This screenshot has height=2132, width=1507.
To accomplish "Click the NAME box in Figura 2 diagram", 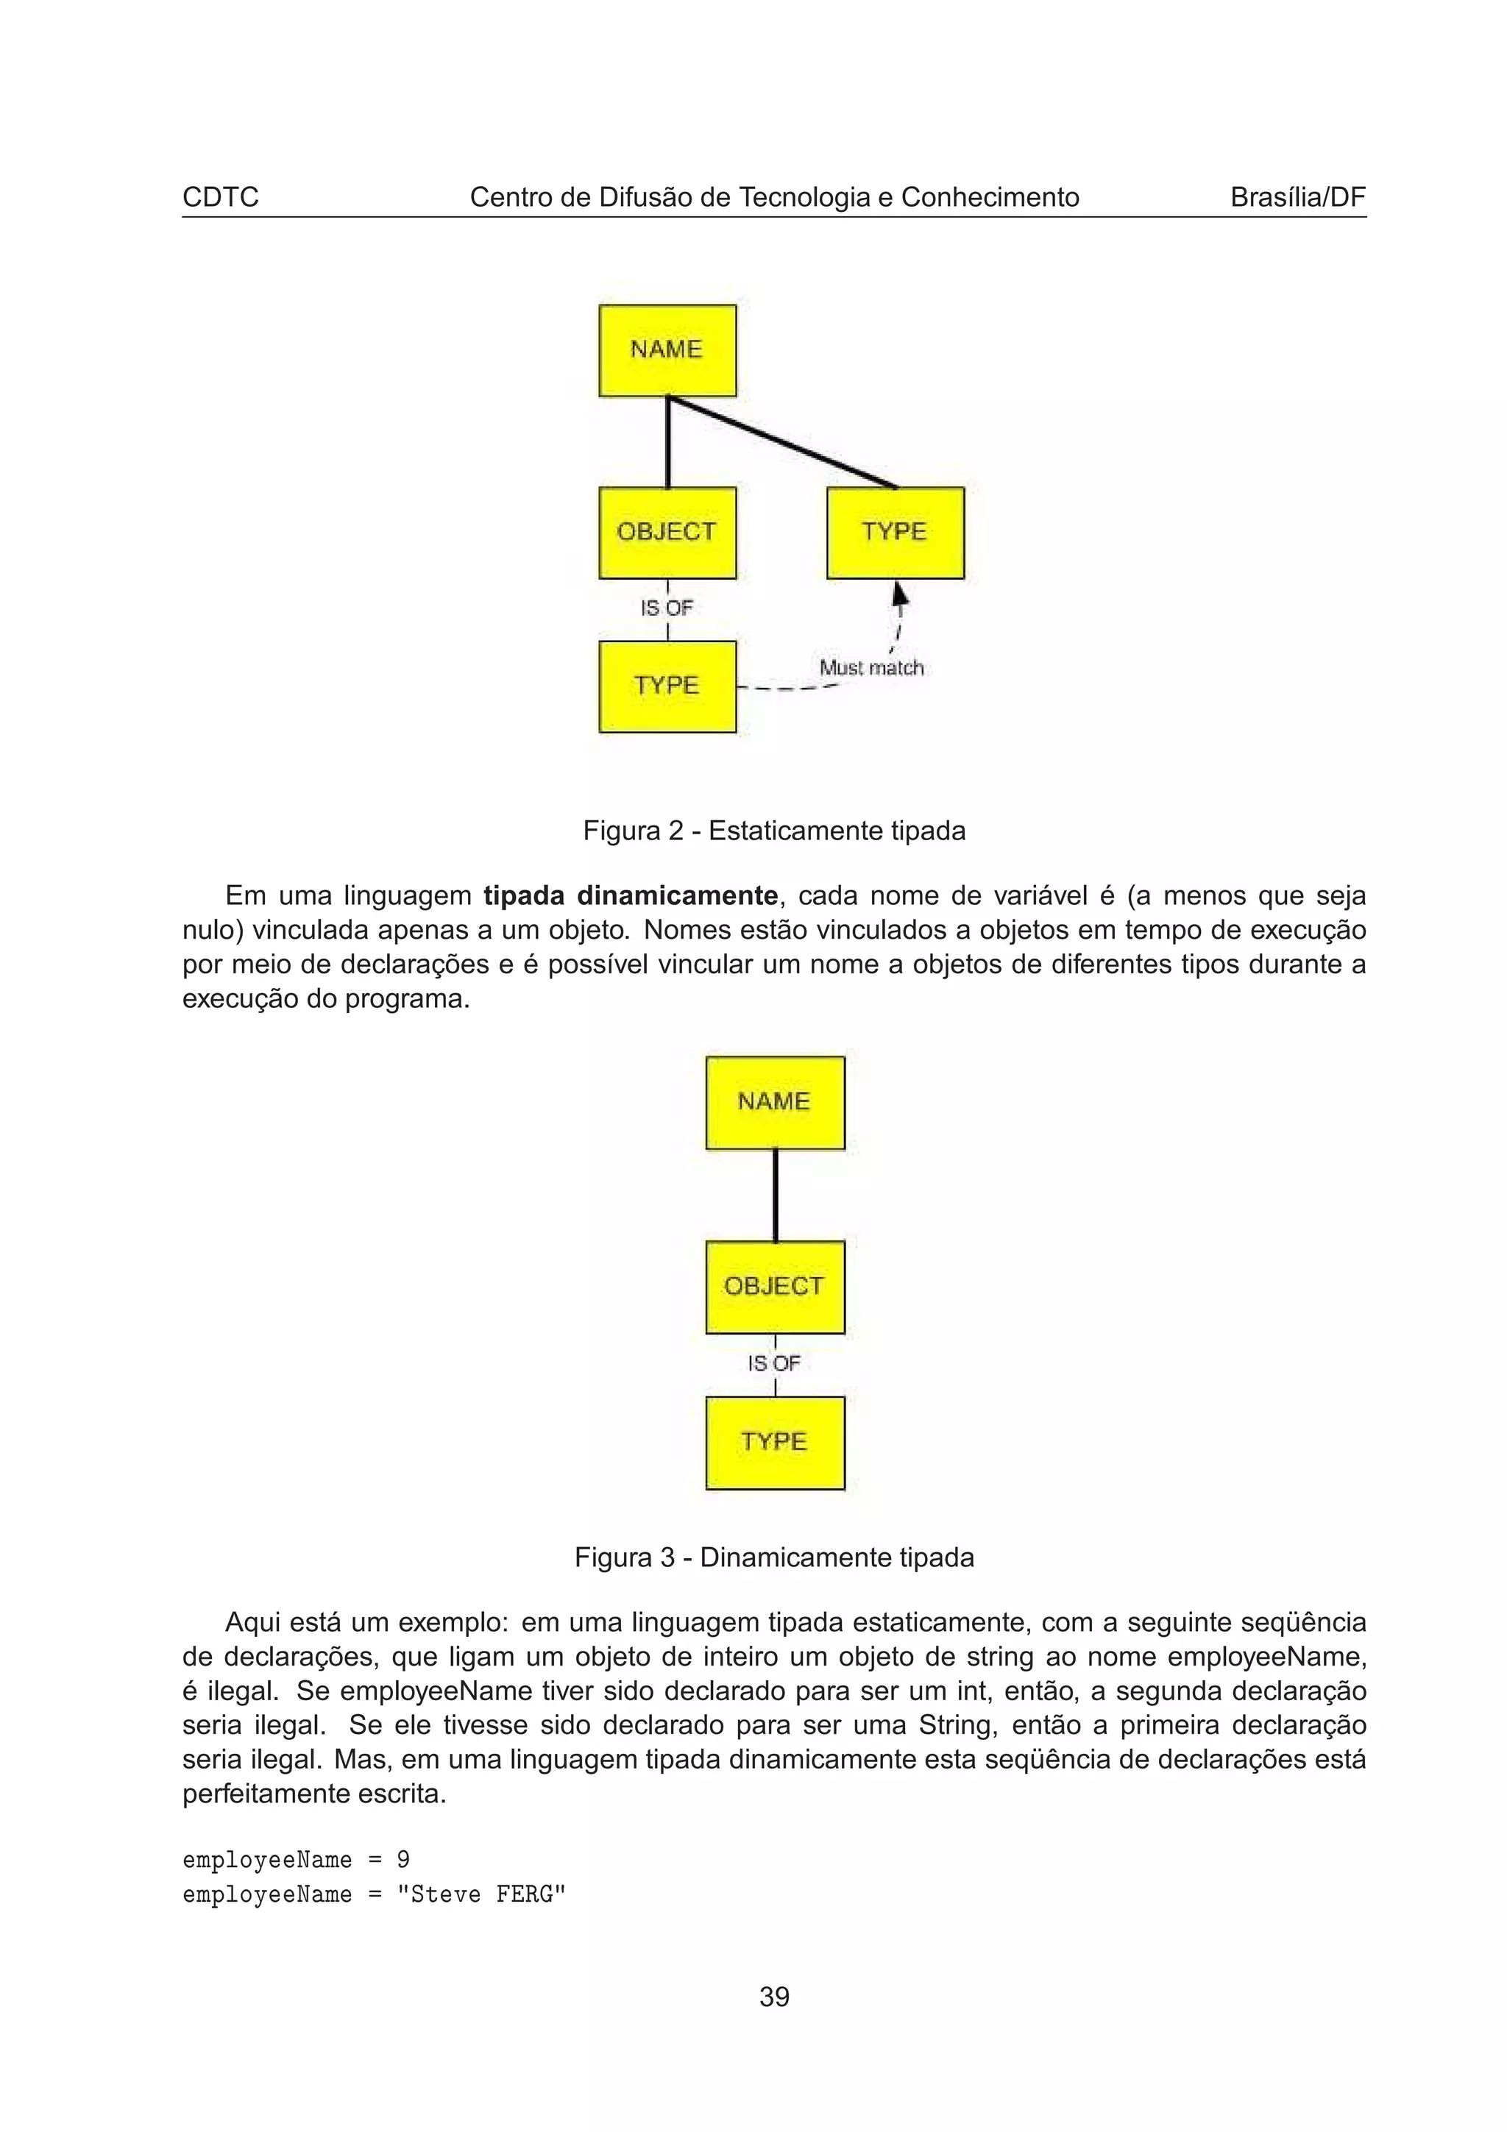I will pyautogui.click(x=667, y=350).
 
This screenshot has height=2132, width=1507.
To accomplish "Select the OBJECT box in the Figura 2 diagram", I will pyautogui.click(x=667, y=532).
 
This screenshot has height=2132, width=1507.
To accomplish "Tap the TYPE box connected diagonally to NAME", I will pyautogui.click(x=895, y=532).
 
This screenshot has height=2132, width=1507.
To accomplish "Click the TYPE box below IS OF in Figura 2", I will pyautogui.click(x=667, y=686).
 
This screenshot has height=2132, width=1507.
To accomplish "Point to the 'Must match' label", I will pyautogui.click(x=871, y=668).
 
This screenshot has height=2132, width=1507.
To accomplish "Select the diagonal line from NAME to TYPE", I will pyautogui.click(x=783, y=442).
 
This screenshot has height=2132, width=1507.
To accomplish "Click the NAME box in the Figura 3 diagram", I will pyautogui.click(x=774, y=1102).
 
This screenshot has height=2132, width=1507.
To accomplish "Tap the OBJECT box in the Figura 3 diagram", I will pyautogui.click(x=774, y=1287).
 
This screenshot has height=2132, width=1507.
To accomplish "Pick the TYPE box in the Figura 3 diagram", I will pyautogui.click(x=774, y=1442).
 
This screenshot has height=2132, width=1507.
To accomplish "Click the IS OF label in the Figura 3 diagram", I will pyautogui.click(x=773, y=1363).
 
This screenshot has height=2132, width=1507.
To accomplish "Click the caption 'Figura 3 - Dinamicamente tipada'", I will pyautogui.click(x=773, y=1557).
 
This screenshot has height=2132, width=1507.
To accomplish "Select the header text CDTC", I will pyautogui.click(x=220, y=197).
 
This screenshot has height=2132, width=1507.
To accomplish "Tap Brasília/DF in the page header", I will pyautogui.click(x=1297, y=197).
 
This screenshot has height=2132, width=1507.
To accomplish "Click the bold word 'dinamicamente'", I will pyautogui.click(x=677, y=896).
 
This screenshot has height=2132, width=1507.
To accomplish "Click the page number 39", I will pyautogui.click(x=774, y=1997).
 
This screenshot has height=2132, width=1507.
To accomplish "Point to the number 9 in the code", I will pyautogui.click(x=403, y=1860).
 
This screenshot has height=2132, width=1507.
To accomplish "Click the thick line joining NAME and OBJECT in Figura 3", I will pyautogui.click(x=776, y=1195).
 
